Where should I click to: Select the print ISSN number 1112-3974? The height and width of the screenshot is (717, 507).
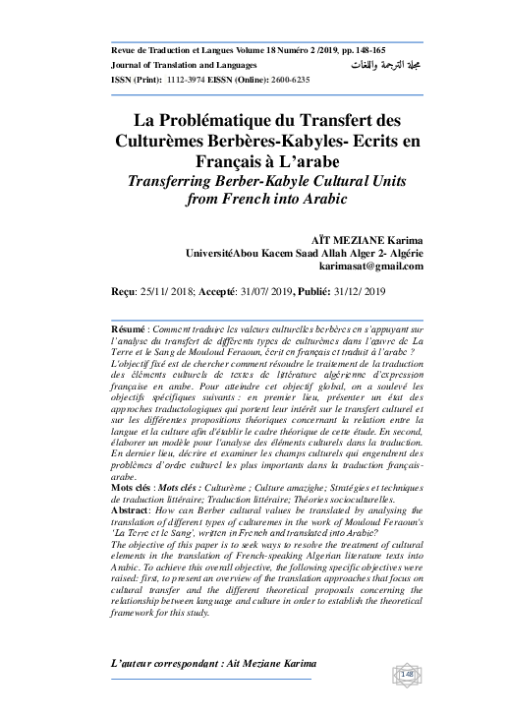[x=181, y=80]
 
